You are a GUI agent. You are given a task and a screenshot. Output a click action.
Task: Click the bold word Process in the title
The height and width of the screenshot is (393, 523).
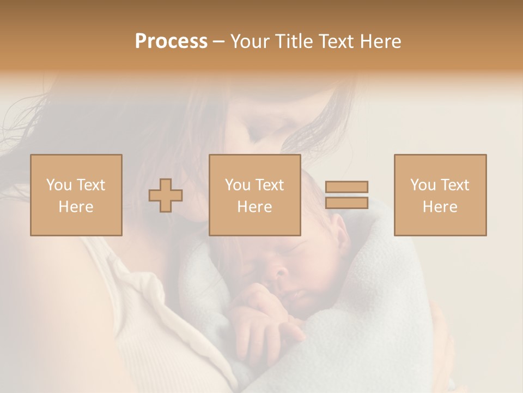pyautogui.click(x=171, y=41)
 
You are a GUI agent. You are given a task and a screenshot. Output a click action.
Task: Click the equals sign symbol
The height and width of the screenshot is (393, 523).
pyautogui.click(x=346, y=195)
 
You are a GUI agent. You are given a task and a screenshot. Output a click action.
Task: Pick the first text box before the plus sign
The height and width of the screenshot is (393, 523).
pyautogui.click(x=76, y=195)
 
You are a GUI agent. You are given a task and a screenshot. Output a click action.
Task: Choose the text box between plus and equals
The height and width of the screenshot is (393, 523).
pyautogui.click(x=255, y=195)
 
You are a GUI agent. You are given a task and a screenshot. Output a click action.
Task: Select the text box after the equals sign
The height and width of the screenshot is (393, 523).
pyautogui.click(x=440, y=195)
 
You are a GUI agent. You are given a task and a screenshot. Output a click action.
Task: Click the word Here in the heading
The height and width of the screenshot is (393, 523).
pyautogui.click(x=380, y=41)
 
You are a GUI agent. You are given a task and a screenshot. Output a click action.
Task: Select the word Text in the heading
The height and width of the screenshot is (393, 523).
pyautogui.click(x=336, y=41)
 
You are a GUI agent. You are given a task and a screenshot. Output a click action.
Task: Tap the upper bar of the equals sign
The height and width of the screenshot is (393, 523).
pyautogui.click(x=346, y=187)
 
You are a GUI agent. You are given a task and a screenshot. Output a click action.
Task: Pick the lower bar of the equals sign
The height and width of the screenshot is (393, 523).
pyautogui.click(x=346, y=203)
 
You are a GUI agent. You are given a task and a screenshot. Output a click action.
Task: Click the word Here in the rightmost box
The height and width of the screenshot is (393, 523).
pyautogui.click(x=440, y=207)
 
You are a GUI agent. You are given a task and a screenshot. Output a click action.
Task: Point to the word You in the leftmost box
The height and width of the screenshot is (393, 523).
pyautogui.click(x=58, y=185)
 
